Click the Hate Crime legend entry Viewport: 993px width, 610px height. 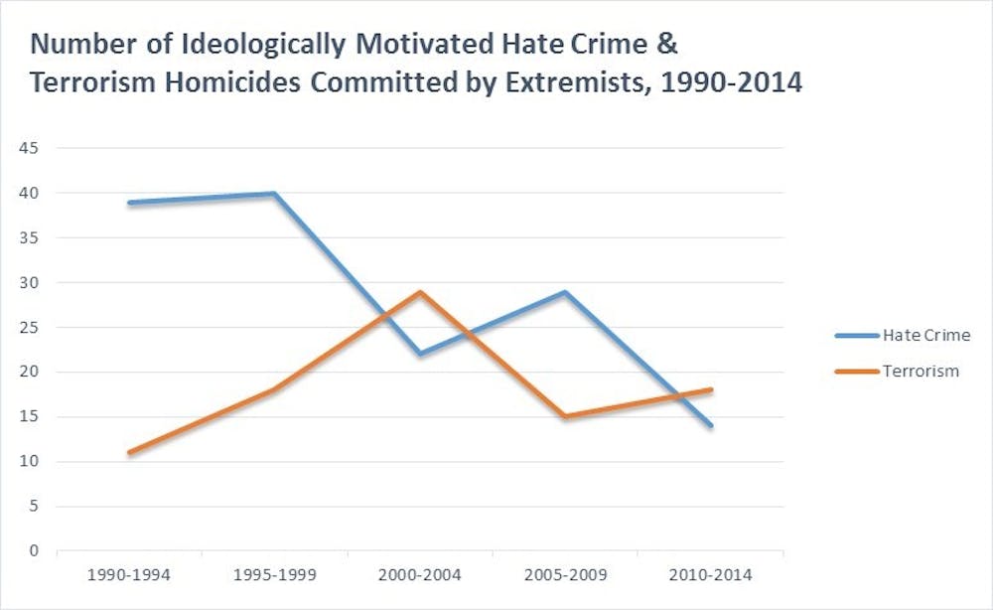point(924,335)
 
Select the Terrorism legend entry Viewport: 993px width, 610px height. point(921,371)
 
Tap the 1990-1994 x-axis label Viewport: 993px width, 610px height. point(129,575)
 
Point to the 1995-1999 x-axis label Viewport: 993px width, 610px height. point(274,575)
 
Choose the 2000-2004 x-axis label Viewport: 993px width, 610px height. point(420,575)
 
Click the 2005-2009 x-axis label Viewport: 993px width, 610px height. point(565,575)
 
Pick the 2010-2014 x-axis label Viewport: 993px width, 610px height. point(711,575)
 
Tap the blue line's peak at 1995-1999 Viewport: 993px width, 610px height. point(274,193)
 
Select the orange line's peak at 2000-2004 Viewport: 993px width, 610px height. point(420,291)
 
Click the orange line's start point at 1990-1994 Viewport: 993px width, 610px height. point(129,452)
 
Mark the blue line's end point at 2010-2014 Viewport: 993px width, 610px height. point(711,425)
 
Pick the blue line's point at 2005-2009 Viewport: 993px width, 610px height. point(565,291)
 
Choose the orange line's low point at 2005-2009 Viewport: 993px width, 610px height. point(565,416)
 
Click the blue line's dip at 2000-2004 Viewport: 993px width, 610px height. point(420,354)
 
